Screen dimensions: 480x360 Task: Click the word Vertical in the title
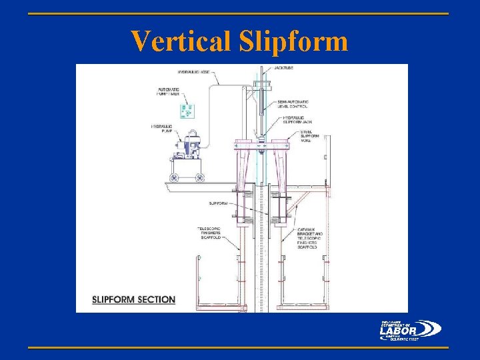tap(179, 41)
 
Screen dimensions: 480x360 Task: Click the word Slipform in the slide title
tap(291, 41)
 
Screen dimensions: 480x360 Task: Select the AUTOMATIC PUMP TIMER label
tap(169, 92)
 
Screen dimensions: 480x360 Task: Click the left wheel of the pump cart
tap(175, 177)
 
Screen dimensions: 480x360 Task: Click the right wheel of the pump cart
tap(199, 177)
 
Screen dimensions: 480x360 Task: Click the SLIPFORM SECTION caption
tap(134, 299)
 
